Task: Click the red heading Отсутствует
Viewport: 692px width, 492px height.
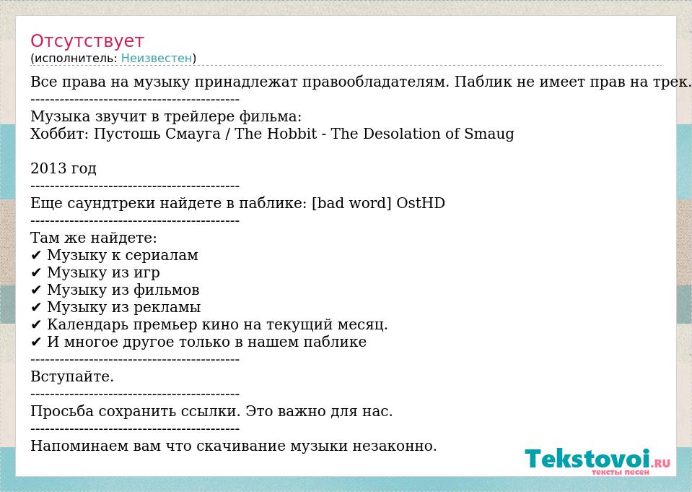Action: coord(87,40)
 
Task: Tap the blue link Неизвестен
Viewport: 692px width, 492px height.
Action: coord(157,58)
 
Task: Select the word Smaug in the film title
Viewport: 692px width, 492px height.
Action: coord(489,134)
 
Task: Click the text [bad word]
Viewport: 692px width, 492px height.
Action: coord(351,203)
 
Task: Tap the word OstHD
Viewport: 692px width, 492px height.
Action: coord(421,203)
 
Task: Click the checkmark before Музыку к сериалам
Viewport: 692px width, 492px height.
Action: coord(36,256)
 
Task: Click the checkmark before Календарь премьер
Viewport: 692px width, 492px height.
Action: coord(36,325)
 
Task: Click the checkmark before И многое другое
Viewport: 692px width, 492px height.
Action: coord(36,342)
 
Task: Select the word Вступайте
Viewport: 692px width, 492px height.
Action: coord(72,376)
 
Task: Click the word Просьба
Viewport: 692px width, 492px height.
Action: coord(62,412)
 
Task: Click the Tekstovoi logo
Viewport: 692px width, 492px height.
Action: coord(597,461)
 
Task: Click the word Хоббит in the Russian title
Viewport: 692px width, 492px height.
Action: coord(60,134)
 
